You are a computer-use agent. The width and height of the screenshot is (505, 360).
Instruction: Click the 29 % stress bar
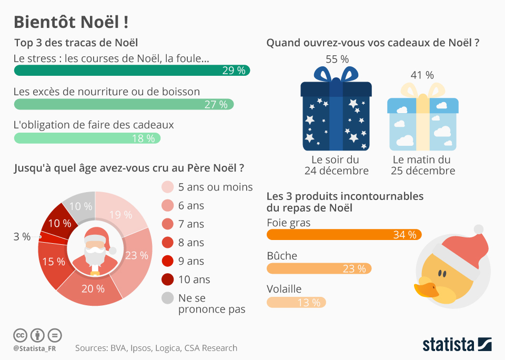tap(132, 71)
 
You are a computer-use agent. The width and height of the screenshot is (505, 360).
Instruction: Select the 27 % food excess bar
tap(124, 104)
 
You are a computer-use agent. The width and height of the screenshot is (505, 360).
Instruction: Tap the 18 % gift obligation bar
tap(87, 138)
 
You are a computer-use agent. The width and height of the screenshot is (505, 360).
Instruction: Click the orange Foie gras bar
tap(344, 235)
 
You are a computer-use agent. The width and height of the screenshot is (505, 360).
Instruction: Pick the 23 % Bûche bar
tap(319, 268)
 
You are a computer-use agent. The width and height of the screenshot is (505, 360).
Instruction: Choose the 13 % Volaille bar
tap(296, 302)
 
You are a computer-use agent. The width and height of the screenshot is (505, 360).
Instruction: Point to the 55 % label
tap(337, 59)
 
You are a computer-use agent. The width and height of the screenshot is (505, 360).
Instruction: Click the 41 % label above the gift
tap(422, 75)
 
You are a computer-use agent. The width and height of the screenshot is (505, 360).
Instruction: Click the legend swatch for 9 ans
tap(167, 261)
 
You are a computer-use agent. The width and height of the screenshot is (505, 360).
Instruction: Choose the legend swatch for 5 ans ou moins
tap(167, 187)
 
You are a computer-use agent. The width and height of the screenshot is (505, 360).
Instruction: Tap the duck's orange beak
tap(426, 290)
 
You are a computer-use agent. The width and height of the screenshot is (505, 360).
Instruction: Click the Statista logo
tap(457, 345)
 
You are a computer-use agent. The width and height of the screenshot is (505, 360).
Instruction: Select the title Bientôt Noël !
tap(70, 22)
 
